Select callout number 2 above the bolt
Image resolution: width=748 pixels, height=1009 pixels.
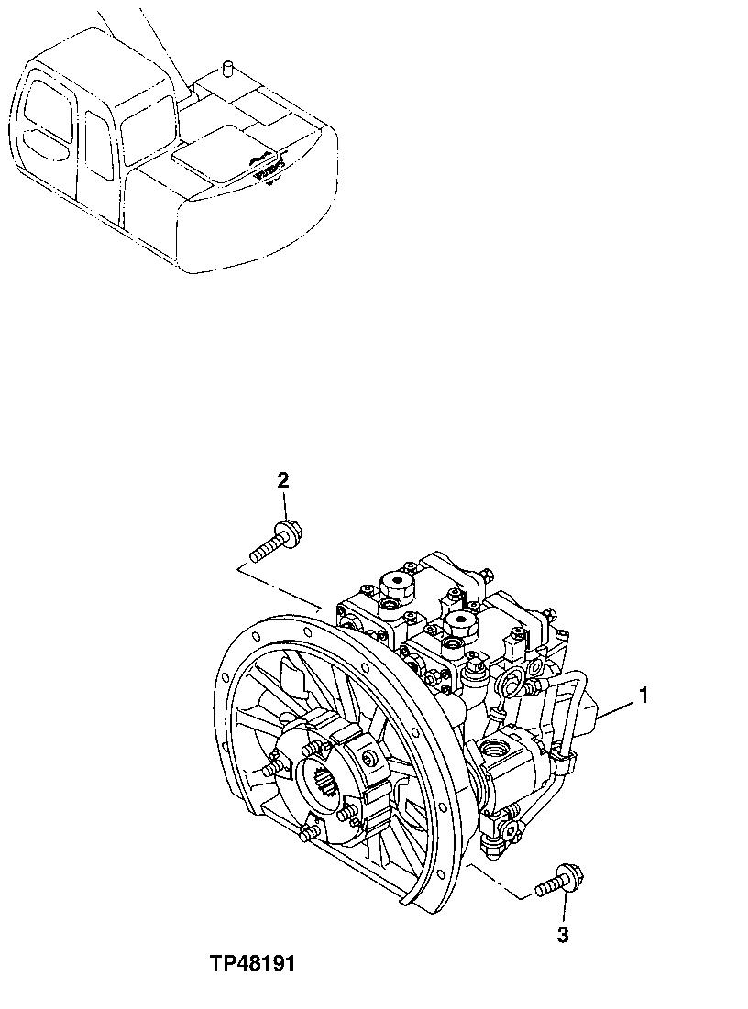(x=283, y=479)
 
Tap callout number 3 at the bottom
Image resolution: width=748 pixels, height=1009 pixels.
(x=563, y=935)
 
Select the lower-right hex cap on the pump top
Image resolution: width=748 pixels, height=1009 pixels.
(x=457, y=624)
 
